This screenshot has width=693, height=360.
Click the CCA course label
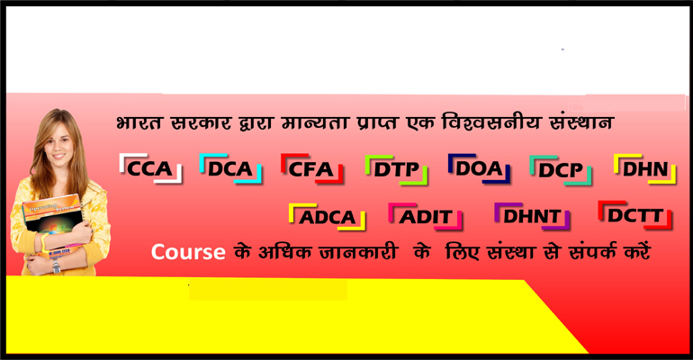pyautogui.click(x=150, y=168)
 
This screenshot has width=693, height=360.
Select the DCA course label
pyautogui.click(x=230, y=168)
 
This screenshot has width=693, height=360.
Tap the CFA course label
pyautogui.click(x=311, y=168)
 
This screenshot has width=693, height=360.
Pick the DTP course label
pyautogui.click(x=396, y=169)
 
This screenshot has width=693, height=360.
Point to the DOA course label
pyautogui.click(x=479, y=168)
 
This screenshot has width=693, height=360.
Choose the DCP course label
pyautogui.click(x=561, y=170)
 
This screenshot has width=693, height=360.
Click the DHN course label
pyautogui.click(x=645, y=169)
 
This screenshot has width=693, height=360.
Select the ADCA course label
pyautogui.click(x=327, y=217)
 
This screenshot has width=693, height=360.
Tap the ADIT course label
pyautogui.click(x=426, y=217)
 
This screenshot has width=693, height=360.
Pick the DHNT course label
pyautogui.click(x=532, y=216)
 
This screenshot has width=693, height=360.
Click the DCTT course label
pyautogui.click(x=634, y=215)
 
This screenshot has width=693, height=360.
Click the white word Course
pyautogui.click(x=188, y=252)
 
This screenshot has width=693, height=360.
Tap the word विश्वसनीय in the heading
pyautogui.click(x=490, y=121)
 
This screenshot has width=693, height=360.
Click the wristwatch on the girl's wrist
pyautogui.click(x=56, y=265)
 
